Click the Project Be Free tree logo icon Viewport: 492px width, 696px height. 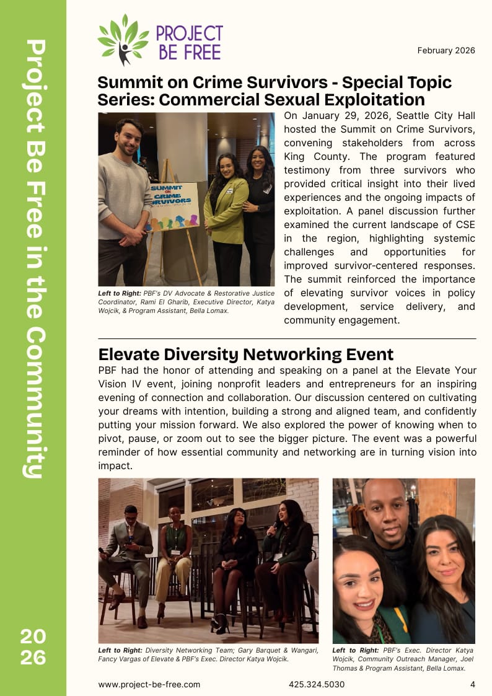123,40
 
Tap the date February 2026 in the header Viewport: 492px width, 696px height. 446,50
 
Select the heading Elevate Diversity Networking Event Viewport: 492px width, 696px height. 245,355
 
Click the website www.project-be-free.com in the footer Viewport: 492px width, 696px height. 149,684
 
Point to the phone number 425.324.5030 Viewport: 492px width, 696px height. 317,684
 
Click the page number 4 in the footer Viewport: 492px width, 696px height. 473,684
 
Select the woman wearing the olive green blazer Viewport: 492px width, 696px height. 226,211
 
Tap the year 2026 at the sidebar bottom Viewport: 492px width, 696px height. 33,646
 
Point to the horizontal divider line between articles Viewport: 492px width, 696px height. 287,339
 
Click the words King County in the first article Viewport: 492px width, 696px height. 310,156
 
